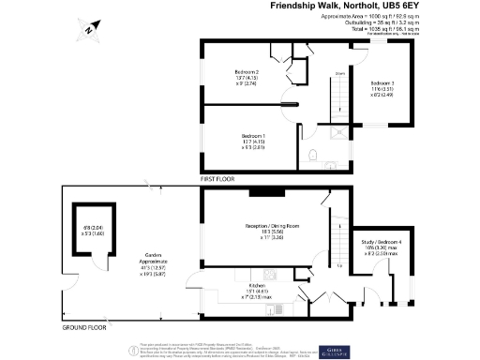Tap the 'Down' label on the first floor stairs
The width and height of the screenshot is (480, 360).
pyautogui.click(x=340, y=71)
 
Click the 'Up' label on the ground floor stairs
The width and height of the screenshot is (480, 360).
pyautogui.click(x=338, y=265)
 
